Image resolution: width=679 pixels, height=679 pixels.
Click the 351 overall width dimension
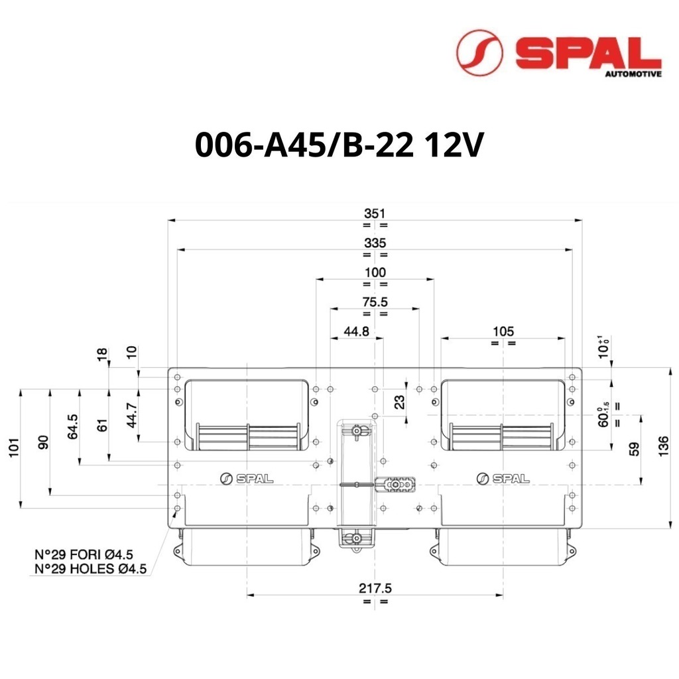[x=375, y=214]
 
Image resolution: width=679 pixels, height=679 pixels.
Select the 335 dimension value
[x=375, y=243]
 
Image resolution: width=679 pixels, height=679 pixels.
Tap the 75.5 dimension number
[x=375, y=302]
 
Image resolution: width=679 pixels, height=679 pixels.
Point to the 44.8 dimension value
[x=356, y=332]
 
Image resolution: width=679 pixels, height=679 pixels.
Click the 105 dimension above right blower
[x=503, y=332]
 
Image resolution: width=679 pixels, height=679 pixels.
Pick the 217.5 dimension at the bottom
[x=375, y=588]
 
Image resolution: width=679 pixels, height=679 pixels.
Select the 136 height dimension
[x=663, y=446]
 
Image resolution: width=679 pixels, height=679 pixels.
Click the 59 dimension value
[x=634, y=449]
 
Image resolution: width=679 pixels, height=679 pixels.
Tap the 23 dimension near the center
[x=400, y=402]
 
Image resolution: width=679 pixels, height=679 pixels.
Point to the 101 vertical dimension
[x=15, y=448]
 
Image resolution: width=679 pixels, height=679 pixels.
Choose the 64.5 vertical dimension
[x=73, y=426]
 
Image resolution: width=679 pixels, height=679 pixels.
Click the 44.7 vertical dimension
[x=132, y=415]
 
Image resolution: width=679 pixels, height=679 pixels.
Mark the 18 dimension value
[x=102, y=355]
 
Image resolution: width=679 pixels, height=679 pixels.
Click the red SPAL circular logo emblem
[x=479, y=52]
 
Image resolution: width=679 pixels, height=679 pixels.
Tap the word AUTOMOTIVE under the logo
[x=633, y=74]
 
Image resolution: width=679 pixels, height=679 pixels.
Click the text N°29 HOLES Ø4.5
[x=90, y=568]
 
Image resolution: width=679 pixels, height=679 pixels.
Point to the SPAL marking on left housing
[x=247, y=479]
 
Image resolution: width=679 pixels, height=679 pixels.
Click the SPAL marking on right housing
[x=503, y=479]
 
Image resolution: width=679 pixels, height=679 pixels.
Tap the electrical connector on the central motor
[x=395, y=485]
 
